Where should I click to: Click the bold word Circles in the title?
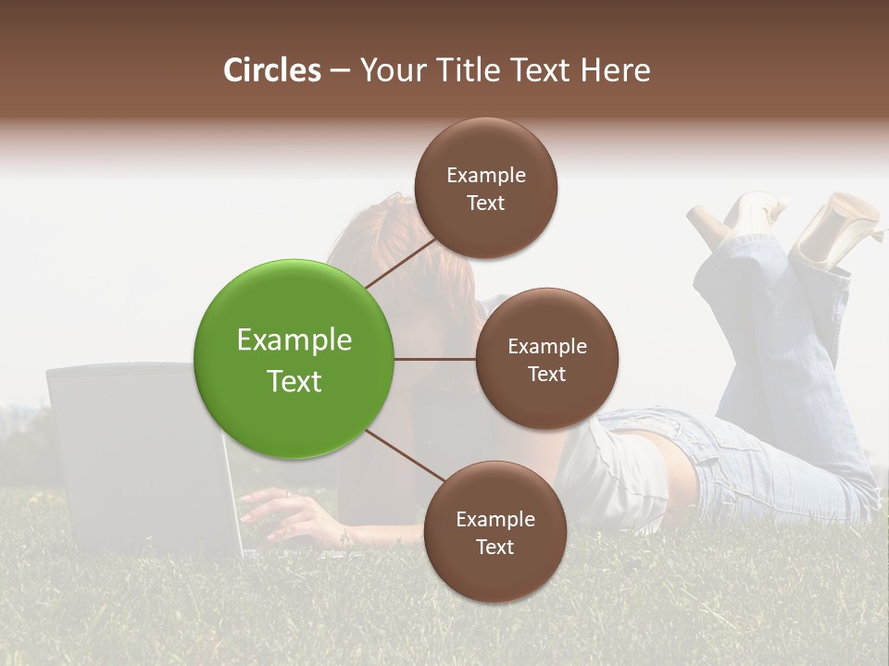[271, 70]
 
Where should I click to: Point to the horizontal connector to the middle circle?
[435, 359]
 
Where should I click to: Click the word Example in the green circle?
[294, 340]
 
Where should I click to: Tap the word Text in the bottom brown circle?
[495, 547]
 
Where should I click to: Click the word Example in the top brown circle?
[485, 176]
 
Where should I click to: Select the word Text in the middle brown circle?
[546, 374]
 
